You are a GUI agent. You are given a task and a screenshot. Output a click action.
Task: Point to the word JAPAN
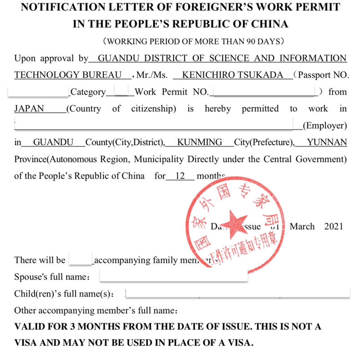(29, 109)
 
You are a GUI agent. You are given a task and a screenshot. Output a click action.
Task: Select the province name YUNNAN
(327, 142)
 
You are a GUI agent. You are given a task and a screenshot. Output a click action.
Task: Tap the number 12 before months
(180, 176)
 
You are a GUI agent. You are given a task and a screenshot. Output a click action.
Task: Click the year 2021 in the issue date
(334, 226)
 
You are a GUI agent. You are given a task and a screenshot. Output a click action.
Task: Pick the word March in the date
(302, 226)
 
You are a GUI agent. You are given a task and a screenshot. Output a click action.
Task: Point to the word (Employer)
(324, 126)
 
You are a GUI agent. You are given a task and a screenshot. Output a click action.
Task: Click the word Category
(88, 92)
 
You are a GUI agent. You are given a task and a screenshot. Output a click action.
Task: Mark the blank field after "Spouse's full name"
(173, 276)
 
